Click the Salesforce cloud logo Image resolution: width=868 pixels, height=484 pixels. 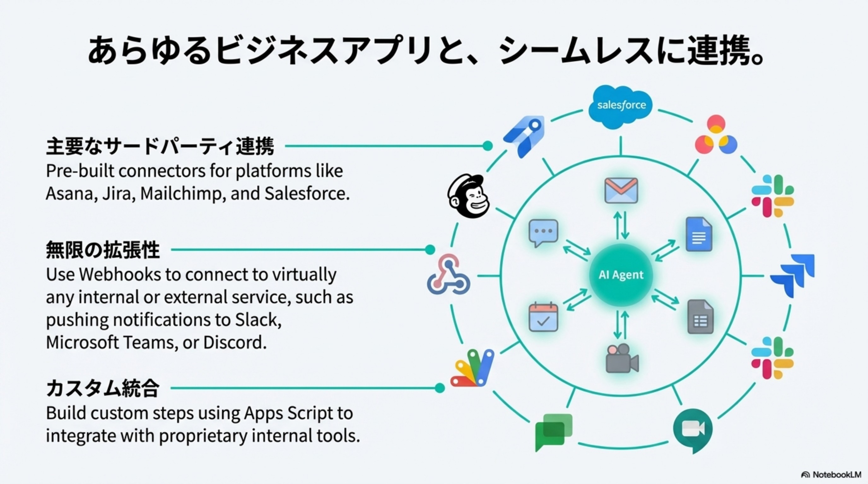pos(621,106)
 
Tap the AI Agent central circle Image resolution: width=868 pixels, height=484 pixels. pos(621,275)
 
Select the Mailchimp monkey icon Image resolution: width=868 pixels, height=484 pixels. pos(469,196)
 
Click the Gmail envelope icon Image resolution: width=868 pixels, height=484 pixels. pos(621,191)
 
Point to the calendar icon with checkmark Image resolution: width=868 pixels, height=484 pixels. pos(543,317)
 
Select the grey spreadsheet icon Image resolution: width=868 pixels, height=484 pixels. pos(700,317)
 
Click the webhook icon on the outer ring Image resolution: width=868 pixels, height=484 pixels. pos(449,275)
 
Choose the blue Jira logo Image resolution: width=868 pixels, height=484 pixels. pos(794,275)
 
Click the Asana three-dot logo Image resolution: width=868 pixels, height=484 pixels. pos(716,135)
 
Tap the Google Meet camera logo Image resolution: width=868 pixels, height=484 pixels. pos(693,430)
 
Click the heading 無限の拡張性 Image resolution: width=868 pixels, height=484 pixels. pos(103,250)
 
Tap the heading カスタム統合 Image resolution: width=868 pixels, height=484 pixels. pos(103,388)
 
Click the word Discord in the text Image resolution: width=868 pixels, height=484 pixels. pos(235,343)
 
